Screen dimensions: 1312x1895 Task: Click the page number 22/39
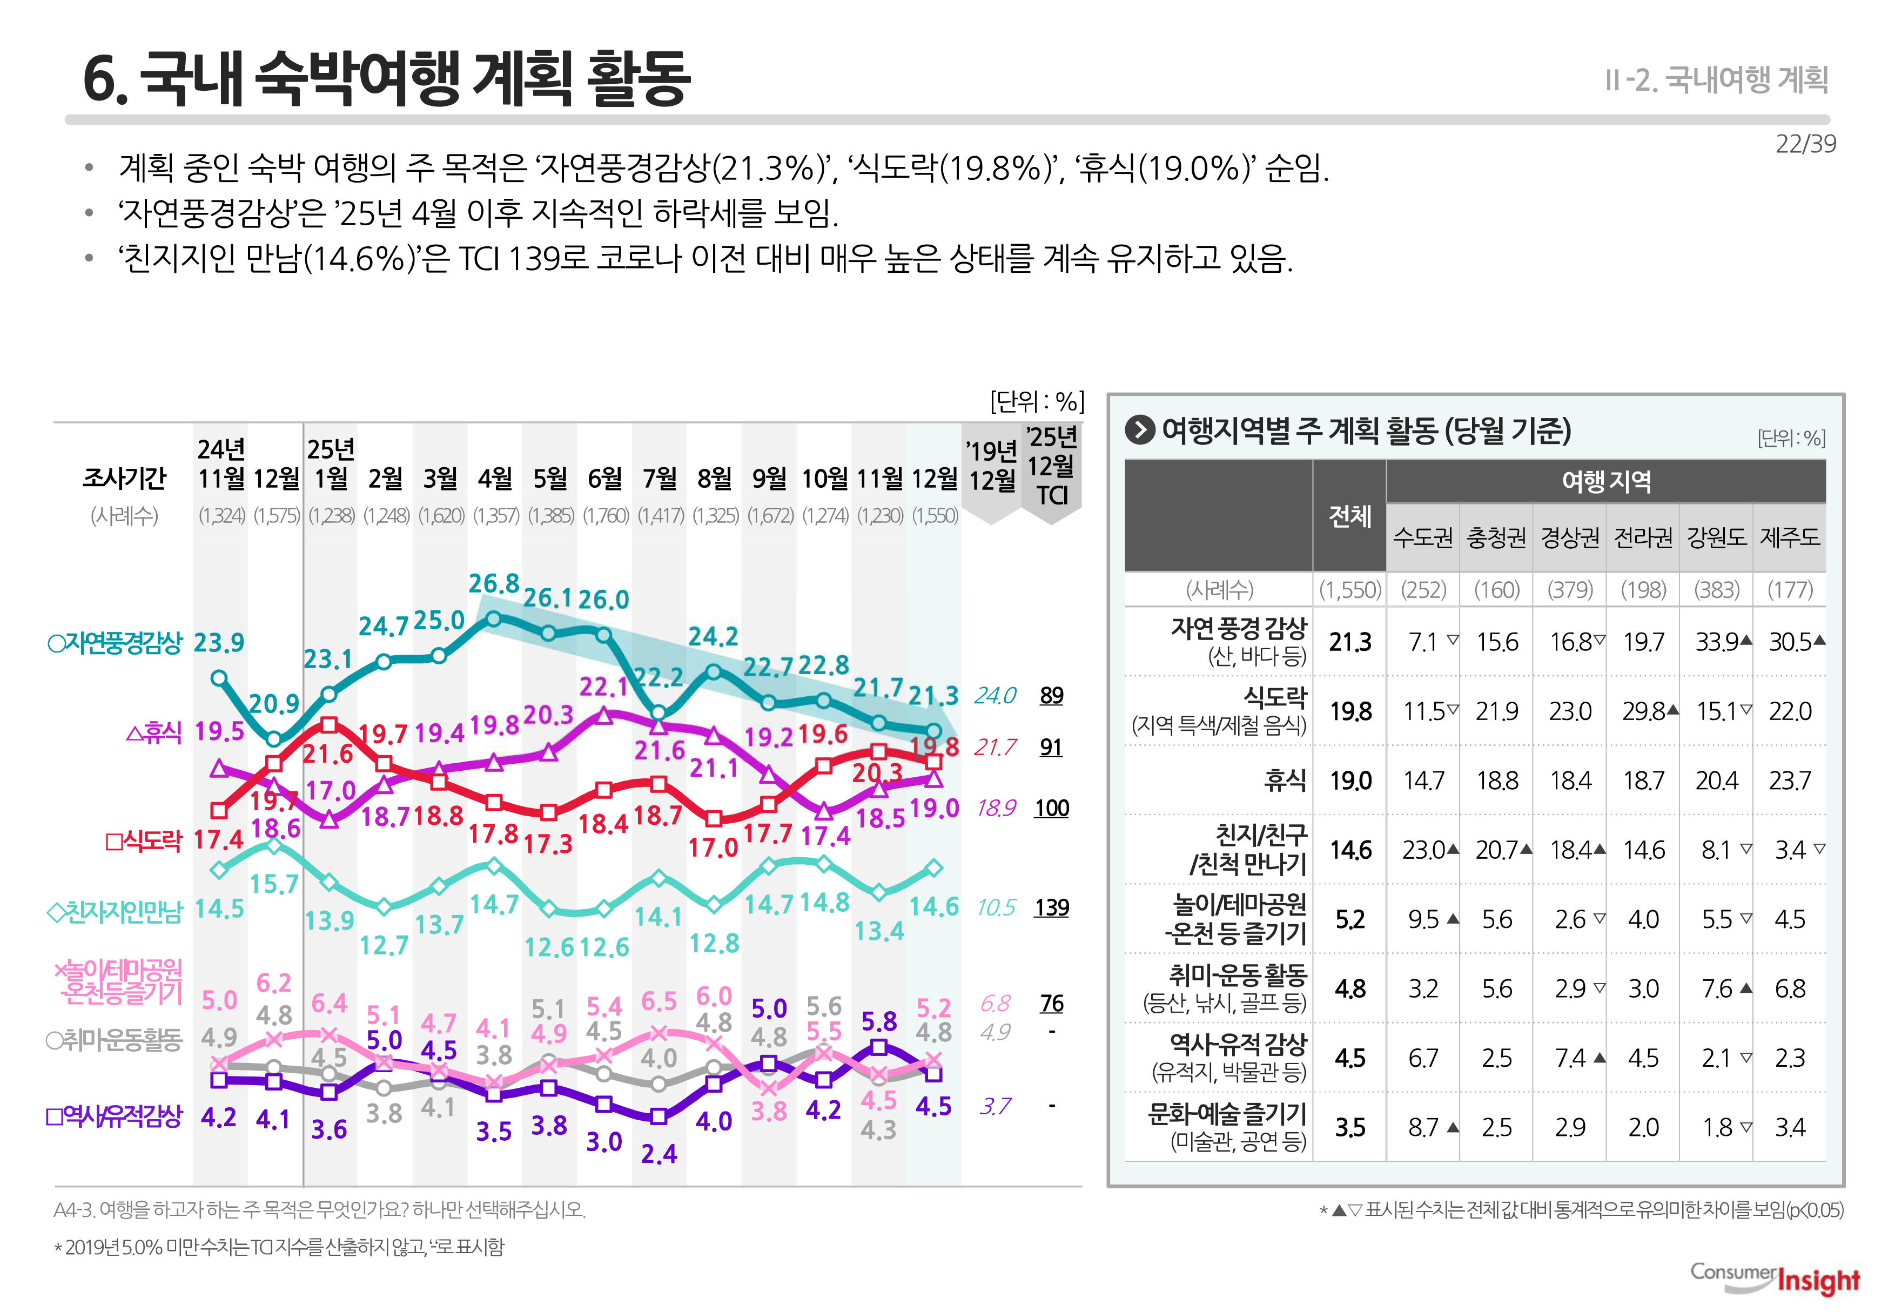(x=1805, y=144)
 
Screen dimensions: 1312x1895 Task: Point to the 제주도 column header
(x=1789, y=537)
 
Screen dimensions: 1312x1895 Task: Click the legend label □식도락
(x=143, y=840)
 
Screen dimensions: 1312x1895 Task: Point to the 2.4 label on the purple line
(x=658, y=1154)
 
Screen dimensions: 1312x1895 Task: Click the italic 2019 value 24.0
(x=995, y=696)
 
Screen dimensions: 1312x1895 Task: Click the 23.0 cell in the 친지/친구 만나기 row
(x=1424, y=850)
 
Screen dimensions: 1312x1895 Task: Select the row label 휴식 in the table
(x=1284, y=780)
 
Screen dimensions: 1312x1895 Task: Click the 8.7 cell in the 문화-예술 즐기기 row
(x=1424, y=1128)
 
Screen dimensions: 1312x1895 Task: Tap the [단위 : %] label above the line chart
(x=1036, y=401)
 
